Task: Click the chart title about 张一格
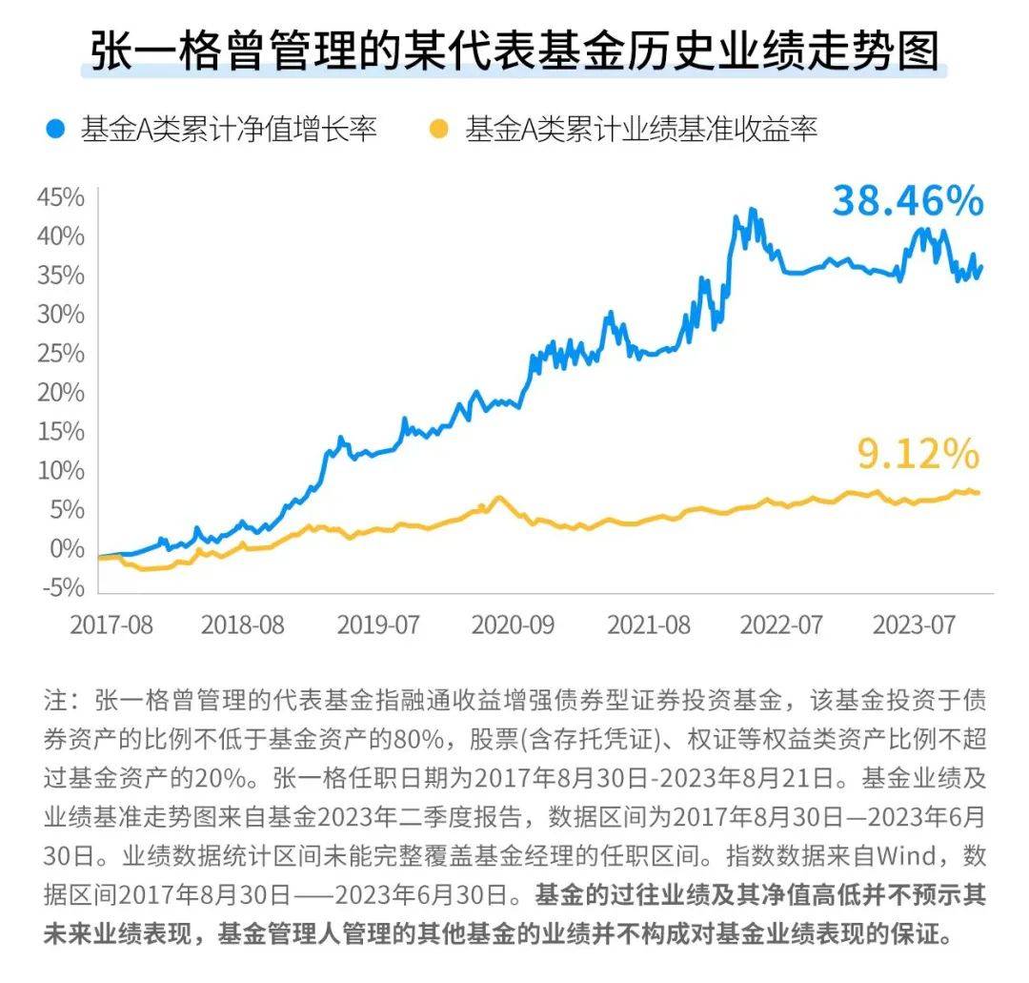tap(514, 52)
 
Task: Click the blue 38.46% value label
tap(906, 201)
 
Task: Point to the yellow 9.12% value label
tap(918, 455)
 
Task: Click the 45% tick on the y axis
tap(61, 197)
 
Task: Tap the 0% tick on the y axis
tap(67, 549)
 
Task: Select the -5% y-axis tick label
tap(62, 588)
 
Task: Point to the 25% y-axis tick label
tap(61, 354)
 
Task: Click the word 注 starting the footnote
tap(54, 700)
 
